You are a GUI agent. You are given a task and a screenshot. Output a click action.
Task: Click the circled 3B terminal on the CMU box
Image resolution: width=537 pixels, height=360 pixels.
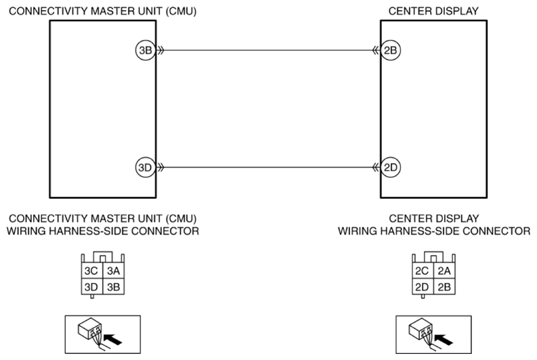pyautogui.click(x=146, y=50)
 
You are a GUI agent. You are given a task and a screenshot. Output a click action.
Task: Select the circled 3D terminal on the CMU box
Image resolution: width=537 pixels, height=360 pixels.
pyautogui.click(x=146, y=167)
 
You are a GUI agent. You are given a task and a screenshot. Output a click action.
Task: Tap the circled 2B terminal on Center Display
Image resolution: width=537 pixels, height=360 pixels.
pyautogui.click(x=391, y=50)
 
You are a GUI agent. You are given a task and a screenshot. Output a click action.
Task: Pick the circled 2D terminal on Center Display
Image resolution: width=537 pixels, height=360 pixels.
pyautogui.click(x=391, y=167)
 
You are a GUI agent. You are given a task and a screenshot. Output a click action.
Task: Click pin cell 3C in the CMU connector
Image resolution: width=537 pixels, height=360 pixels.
pyautogui.click(x=92, y=271)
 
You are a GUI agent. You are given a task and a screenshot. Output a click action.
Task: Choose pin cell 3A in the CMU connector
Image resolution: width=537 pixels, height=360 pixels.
pyautogui.click(x=113, y=271)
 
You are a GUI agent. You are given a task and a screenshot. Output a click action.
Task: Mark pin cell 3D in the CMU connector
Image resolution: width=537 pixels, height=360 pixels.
pyautogui.click(x=92, y=286)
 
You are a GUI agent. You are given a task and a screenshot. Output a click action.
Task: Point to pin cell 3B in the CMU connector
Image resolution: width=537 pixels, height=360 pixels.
pyautogui.click(x=113, y=286)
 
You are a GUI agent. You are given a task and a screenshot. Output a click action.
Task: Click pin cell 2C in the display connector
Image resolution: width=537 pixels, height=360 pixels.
pyautogui.click(x=423, y=271)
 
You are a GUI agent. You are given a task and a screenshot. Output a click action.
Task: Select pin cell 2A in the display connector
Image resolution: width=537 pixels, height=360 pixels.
pyautogui.click(x=444, y=271)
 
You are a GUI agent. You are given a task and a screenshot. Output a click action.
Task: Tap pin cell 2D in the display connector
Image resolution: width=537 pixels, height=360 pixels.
pyautogui.click(x=423, y=286)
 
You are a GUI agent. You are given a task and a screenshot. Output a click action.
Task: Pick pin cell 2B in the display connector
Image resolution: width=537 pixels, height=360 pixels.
pyautogui.click(x=444, y=286)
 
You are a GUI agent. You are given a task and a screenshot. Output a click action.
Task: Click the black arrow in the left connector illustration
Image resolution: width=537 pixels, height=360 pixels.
pyautogui.click(x=112, y=340)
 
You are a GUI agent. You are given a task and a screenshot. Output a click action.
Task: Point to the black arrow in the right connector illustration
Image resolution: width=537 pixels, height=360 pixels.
pyautogui.click(x=444, y=340)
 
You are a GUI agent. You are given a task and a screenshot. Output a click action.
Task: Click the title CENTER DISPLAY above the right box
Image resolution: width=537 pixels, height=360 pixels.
pyautogui.click(x=433, y=12)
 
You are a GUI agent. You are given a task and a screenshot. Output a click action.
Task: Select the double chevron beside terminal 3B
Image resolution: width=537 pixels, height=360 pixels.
pyautogui.click(x=160, y=50)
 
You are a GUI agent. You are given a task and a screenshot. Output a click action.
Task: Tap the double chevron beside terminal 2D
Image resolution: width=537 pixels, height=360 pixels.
pyautogui.click(x=376, y=167)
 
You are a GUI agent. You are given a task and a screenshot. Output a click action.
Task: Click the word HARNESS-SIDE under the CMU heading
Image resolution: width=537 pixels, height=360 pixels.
pyautogui.click(x=87, y=231)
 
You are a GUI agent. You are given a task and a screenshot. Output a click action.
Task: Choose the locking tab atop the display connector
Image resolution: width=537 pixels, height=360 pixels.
pyautogui.click(x=433, y=257)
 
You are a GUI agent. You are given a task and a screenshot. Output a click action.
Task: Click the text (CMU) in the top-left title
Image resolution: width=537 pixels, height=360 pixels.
pyautogui.click(x=181, y=12)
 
